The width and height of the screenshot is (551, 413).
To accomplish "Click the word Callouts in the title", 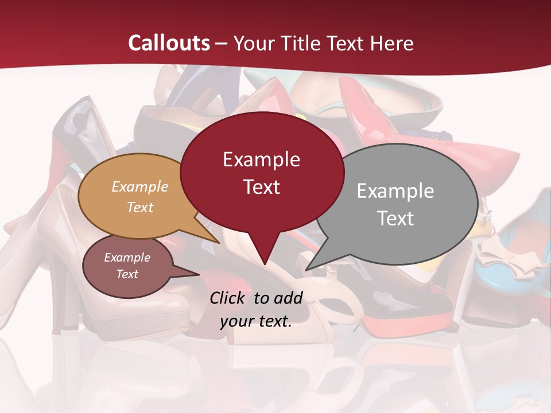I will [x=169, y=43].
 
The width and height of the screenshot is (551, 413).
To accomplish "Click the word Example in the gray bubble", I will [x=395, y=190].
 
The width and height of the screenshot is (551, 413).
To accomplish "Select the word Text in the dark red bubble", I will [x=262, y=187].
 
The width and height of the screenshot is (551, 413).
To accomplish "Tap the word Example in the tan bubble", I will [x=140, y=186].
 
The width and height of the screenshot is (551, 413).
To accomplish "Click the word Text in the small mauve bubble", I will [x=127, y=274].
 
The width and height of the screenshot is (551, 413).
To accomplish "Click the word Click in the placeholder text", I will [x=227, y=298].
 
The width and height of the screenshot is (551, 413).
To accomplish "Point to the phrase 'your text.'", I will [x=256, y=321].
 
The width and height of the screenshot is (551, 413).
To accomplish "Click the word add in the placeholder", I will [x=288, y=298].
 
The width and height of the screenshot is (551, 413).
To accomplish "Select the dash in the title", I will [x=222, y=44].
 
